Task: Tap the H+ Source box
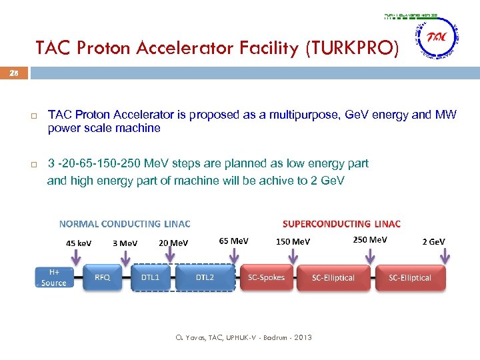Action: click(x=54, y=277)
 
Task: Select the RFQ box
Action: click(x=102, y=277)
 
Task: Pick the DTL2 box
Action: click(x=205, y=277)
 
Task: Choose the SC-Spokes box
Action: click(x=266, y=277)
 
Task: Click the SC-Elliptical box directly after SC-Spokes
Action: click(x=333, y=277)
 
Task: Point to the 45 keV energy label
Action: click(x=79, y=243)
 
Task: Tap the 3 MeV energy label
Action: click(x=125, y=243)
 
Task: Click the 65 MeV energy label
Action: click(x=233, y=240)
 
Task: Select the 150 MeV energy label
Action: click(x=293, y=241)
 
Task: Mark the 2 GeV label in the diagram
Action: click(x=433, y=241)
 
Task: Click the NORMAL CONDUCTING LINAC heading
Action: click(x=125, y=224)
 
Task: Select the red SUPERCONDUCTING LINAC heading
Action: click(x=341, y=224)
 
